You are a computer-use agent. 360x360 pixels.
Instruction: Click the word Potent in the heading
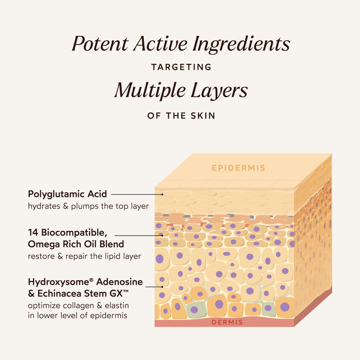point(100,44)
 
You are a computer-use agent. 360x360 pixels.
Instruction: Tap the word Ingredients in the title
point(241,45)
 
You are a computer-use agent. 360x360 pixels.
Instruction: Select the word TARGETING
point(182,67)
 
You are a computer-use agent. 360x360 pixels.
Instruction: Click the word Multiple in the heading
point(150,91)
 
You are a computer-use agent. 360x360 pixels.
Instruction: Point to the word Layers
point(219,91)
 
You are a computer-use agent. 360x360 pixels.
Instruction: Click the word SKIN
point(203,116)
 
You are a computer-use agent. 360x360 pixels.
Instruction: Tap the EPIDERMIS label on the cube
point(239,168)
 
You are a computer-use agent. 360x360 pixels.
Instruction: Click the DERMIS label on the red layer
point(227,322)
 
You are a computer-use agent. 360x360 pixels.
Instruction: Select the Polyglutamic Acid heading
point(67,194)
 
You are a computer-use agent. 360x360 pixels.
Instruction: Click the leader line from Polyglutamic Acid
point(137,194)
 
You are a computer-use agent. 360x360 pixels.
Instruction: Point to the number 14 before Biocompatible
point(33,232)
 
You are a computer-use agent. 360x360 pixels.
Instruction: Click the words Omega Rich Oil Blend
point(76,244)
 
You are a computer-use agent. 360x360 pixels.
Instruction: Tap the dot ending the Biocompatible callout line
point(162,236)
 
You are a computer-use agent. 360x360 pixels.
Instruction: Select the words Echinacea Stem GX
point(83,294)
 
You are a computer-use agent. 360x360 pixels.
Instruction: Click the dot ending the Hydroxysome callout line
point(162,287)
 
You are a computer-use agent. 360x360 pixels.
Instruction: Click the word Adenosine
point(119,282)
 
